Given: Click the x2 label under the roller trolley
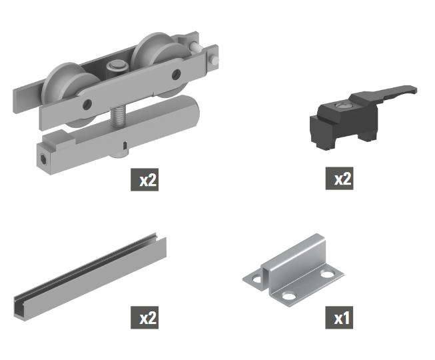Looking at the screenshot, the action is coord(145,179).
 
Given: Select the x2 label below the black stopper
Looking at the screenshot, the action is coord(339,179).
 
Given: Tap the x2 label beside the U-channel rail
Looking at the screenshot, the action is coord(145,317).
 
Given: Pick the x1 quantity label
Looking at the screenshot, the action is coord(339,317).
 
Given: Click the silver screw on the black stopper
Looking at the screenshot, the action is coord(343,105).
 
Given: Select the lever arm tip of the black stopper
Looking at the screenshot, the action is coord(413,89).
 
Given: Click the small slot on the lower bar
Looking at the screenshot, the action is coord(125,145).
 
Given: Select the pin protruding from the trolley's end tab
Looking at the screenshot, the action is coord(215,60).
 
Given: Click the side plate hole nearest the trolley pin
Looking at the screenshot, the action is coord(176,75).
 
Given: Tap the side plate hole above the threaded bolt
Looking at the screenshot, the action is coord(87,104).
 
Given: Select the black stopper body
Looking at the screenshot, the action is coord(344,122).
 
